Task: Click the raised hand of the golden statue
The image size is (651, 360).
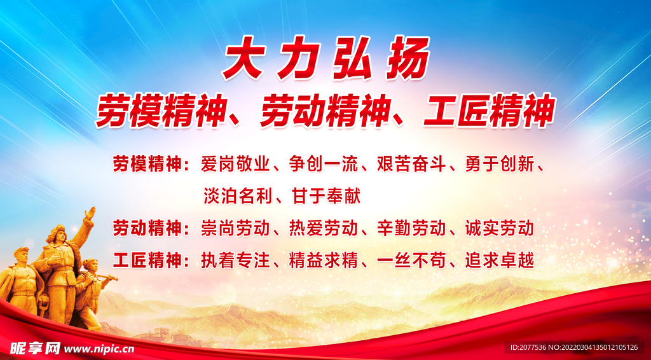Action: point(91,213)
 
